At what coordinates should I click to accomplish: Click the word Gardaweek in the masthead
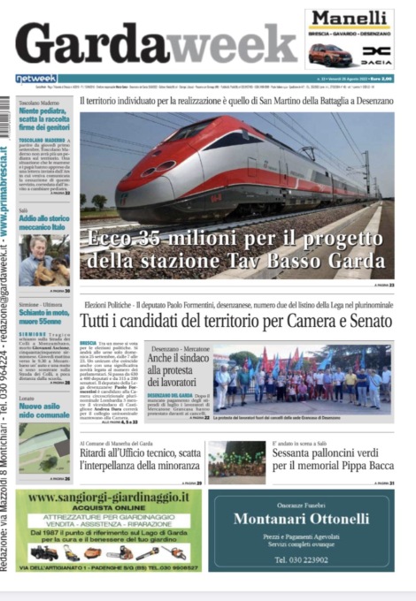pos(155,43)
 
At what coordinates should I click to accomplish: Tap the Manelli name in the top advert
pos(349,19)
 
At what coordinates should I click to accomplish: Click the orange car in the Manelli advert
pos(329,54)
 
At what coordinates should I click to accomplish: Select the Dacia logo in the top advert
pos(375,55)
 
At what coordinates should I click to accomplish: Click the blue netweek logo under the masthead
pos(36,79)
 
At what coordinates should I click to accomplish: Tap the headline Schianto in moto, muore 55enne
pos(44,316)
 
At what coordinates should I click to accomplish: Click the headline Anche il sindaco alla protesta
pos(175,365)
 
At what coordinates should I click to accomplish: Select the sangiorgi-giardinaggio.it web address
pos(108,498)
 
